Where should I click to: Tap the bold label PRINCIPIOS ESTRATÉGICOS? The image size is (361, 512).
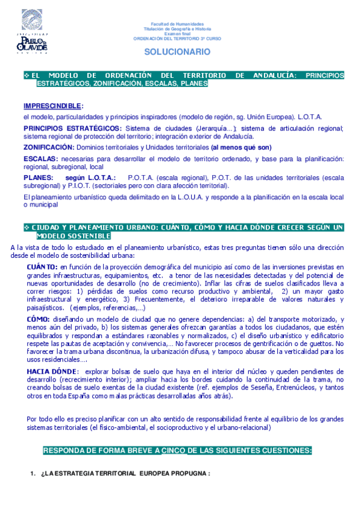click(72, 128)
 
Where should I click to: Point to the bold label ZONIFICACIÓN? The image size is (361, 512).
click(49, 147)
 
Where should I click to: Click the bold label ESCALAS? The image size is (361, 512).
click(41, 159)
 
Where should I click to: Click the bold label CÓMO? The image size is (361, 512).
click(40, 319)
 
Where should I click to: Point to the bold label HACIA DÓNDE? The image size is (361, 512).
click(53, 371)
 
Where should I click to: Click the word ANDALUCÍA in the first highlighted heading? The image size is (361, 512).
click(273, 75)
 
